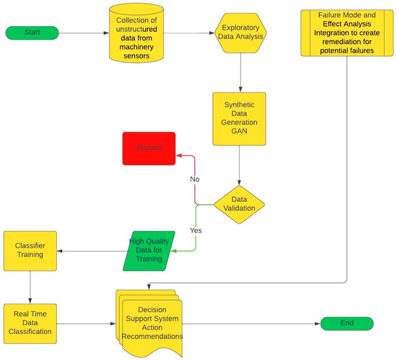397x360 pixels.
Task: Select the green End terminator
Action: (347, 324)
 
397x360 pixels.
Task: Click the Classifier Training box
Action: (30, 251)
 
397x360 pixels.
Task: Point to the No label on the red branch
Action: (195, 179)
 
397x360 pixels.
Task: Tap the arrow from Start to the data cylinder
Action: (84, 33)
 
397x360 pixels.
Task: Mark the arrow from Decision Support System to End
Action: (253, 324)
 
